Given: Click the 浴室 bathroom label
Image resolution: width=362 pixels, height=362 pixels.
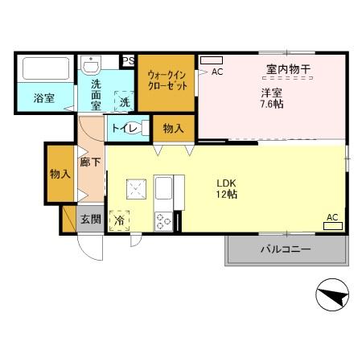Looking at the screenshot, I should [43, 98].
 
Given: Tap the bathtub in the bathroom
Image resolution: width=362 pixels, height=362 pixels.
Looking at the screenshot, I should [45, 71].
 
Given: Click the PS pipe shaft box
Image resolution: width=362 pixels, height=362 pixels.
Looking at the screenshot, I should [128, 60].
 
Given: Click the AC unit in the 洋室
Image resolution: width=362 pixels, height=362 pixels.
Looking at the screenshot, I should [212, 60].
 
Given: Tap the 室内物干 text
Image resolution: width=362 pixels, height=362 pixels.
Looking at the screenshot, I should [282, 69].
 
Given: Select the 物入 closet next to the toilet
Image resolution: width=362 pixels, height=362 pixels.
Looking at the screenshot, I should [173, 128].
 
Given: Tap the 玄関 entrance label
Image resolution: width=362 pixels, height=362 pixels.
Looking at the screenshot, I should [89, 219].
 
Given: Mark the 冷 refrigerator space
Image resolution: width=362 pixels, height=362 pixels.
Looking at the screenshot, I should [119, 219].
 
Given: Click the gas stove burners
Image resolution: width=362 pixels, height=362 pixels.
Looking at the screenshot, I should [163, 220].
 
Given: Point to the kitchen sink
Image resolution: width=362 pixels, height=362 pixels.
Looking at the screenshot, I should [164, 191].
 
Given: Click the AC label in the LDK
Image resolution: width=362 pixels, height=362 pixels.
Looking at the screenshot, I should [331, 216].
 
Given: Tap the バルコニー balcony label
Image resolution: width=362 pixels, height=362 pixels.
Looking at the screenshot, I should [284, 250].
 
